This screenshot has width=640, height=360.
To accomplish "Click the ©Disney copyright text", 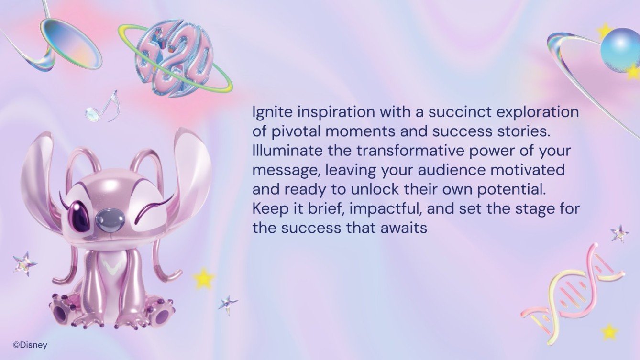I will (x=30, y=345).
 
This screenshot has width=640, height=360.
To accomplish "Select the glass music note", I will (x=102, y=107).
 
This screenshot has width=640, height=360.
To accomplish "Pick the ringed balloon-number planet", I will (x=175, y=57).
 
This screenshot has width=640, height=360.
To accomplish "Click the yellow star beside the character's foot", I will (x=204, y=278).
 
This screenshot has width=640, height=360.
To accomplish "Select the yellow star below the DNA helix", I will (x=609, y=331).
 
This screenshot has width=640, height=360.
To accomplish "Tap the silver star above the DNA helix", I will (x=619, y=233).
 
